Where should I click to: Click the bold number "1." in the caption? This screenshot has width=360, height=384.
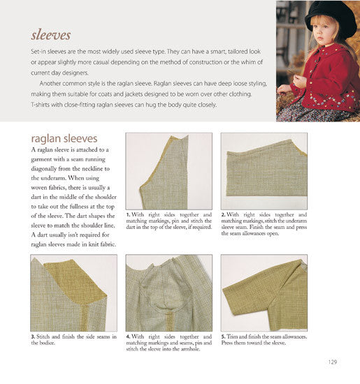coord(129,215)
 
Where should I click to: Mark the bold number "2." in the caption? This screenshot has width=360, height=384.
coord(224,215)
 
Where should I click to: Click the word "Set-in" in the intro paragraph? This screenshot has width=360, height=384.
coord(40,54)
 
